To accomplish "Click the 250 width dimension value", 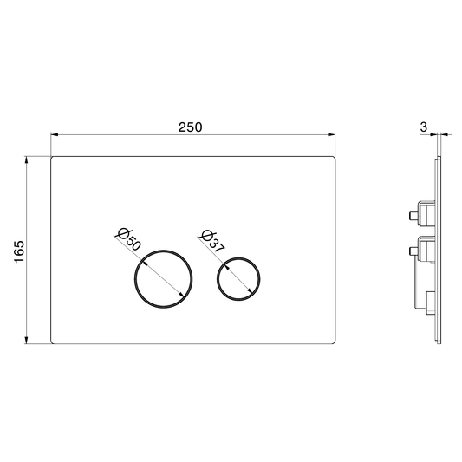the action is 191,127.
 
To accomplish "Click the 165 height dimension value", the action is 19,251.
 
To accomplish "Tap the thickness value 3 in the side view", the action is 423,127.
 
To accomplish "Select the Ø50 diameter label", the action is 128,239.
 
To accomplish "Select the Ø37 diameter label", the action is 212,241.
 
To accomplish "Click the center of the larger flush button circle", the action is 164,279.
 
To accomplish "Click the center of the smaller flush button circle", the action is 238,279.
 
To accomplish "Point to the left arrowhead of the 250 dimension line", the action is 55,134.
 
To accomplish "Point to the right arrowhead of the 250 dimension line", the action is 331,134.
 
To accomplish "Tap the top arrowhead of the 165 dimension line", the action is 27,160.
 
